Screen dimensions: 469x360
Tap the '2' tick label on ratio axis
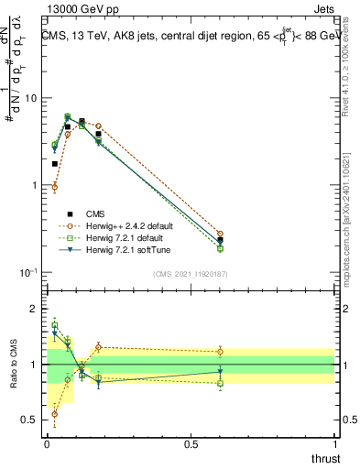(x=34, y=309)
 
